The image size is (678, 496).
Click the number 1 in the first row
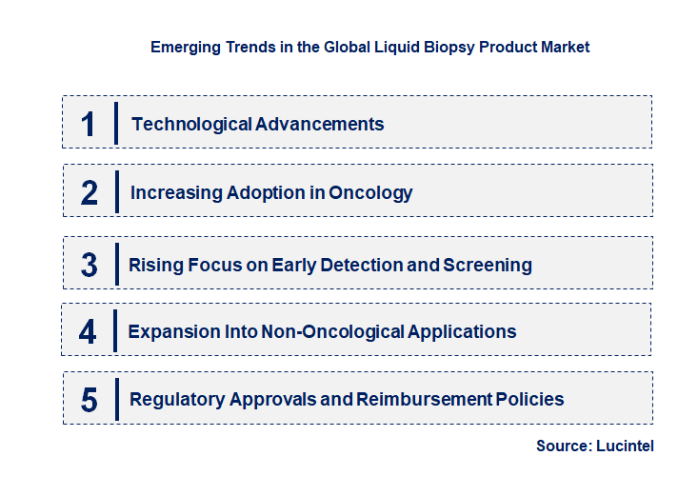pyautogui.click(x=88, y=124)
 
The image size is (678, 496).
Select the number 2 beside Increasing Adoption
pyautogui.click(x=89, y=193)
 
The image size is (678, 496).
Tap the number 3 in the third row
pyautogui.click(x=89, y=265)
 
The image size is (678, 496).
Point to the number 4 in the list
pyautogui.click(x=88, y=332)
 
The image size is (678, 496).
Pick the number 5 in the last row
pyautogui.click(x=89, y=400)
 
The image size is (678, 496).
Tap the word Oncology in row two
pyautogui.click(x=370, y=193)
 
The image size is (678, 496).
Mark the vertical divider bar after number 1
pyautogui.click(x=115, y=124)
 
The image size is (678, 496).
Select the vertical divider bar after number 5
pyautogui.click(x=115, y=398)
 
